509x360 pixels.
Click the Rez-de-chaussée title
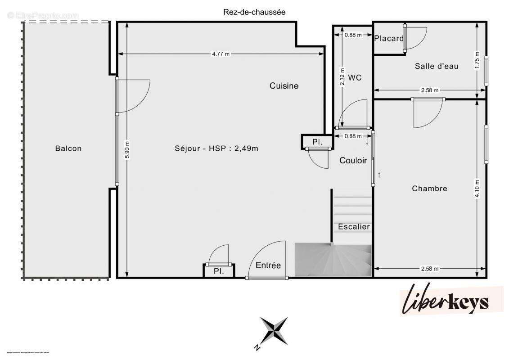coord(254,12)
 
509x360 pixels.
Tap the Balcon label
coord(68,148)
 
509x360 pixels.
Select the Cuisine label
coord(284,85)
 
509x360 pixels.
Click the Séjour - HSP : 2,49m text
coord(216,148)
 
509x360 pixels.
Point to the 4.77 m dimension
coord(221,54)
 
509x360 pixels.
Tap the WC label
coord(355,77)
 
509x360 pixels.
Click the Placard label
coord(389,38)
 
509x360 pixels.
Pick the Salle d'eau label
coord(437,66)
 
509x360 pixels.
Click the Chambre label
coord(429,189)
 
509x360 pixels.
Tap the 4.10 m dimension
coord(477,188)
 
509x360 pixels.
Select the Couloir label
coord(353,160)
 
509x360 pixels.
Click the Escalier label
coord(354,226)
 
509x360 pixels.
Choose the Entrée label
coord(268,265)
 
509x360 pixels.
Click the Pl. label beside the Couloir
coord(317,142)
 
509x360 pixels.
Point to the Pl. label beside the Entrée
coord(219,271)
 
